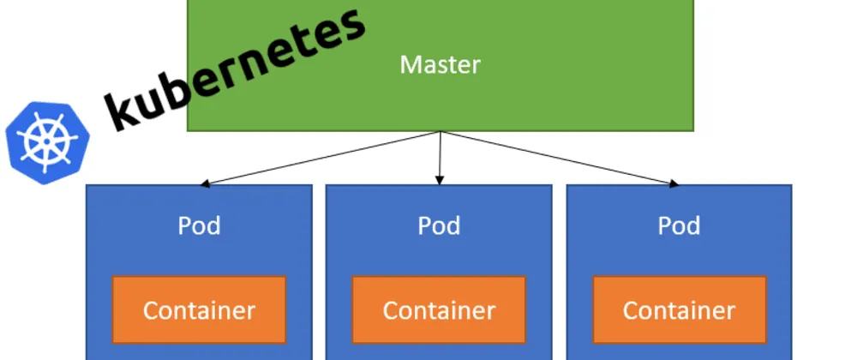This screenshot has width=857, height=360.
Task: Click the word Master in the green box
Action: click(440, 64)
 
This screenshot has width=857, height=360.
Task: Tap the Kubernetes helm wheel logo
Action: click(48, 141)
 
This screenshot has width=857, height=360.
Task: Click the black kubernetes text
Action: click(231, 73)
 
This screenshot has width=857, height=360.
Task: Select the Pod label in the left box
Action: click(199, 225)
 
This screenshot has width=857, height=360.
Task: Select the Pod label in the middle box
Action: click(439, 225)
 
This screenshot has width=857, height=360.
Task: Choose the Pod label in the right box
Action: click(679, 225)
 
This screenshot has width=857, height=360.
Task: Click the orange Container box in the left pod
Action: click(199, 309)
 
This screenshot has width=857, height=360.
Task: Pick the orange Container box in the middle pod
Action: click(439, 309)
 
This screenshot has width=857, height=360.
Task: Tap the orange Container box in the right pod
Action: click(679, 309)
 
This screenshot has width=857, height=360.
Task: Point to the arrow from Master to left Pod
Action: click(321, 158)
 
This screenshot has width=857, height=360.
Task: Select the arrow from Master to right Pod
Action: click(557, 158)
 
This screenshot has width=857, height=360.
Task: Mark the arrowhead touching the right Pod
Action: click(674, 183)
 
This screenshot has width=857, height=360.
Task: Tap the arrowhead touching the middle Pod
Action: click(440, 180)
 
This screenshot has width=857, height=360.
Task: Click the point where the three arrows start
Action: click(440, 132)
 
